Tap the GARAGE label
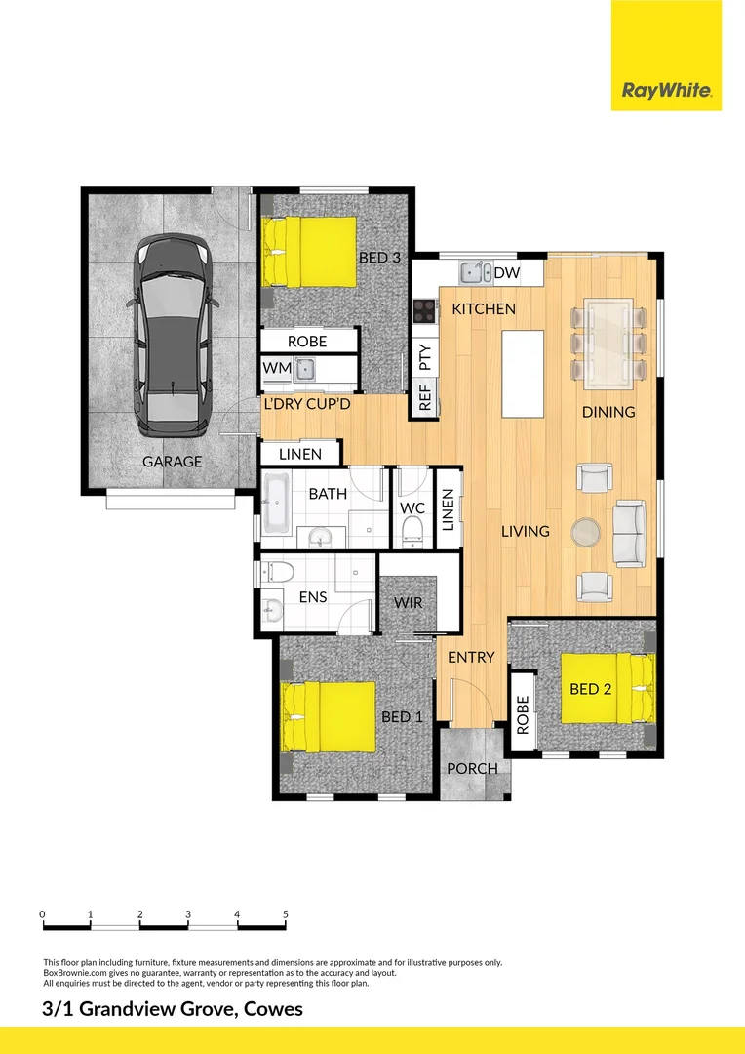[x=173, y=462]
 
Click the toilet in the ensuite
[x=276, y=572]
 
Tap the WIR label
[x=409, y=602]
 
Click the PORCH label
[x=472, y=768]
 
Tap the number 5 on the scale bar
[x=286, y=914]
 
